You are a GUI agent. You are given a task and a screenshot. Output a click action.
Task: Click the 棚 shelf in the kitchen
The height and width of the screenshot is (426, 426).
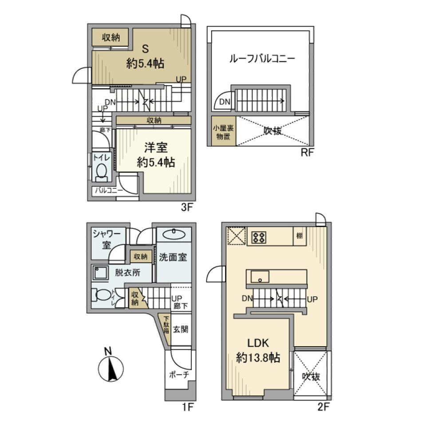pos(300,236)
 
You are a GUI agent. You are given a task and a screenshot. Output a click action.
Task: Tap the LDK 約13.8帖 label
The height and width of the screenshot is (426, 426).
pos(258,351)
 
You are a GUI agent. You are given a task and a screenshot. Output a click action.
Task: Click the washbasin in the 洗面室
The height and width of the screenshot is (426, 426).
pos(174,235)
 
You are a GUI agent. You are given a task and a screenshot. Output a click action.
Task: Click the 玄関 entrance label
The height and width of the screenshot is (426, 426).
pos(181,330)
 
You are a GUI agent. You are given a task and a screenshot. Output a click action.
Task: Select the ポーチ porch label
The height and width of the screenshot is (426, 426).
pos(179,375)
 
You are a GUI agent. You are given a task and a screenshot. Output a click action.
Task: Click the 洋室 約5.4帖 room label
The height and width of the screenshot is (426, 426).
pos(156,155)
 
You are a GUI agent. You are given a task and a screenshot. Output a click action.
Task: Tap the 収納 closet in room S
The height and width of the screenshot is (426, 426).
pos(111,38)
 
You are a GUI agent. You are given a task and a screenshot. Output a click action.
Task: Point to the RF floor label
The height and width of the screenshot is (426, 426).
pos(308,153)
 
